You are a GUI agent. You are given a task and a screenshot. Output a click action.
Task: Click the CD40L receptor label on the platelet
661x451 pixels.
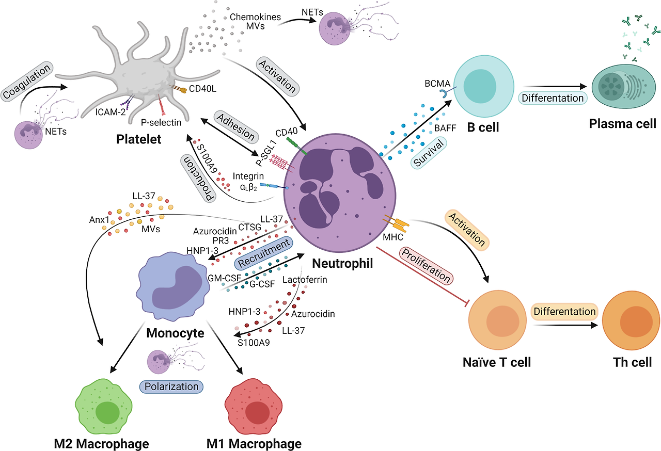pos(202,88)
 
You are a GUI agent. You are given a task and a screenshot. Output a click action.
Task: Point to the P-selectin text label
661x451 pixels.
pos(165,123)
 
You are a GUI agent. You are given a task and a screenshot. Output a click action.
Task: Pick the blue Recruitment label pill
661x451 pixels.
pos(263,254)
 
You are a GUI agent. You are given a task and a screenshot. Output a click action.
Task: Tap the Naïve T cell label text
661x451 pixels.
pos(497,362)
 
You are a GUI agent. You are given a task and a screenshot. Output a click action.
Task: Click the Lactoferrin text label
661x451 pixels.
pos(305,280)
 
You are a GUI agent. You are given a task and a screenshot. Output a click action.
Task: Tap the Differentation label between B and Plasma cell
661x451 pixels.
pos(552,98)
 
